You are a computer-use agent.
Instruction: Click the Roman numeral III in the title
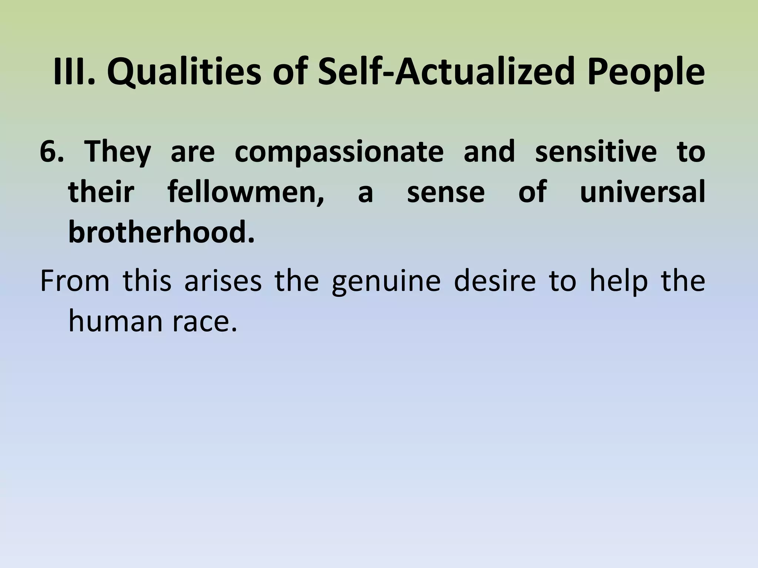(x=73, y=71)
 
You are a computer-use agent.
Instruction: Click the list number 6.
(x=51, y=152)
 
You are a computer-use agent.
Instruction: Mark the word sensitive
(x=596, y=152)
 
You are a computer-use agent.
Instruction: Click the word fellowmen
(x=246, y=193)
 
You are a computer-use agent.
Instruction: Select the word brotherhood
(x=161, y=233)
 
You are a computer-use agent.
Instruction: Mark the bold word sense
(x=446, y=193)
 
